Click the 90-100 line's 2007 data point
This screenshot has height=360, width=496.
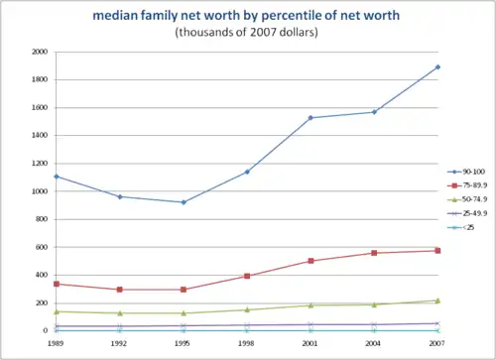pos(437,67)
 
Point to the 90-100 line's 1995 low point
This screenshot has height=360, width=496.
pos(184,202)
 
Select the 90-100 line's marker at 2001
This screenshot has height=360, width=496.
pos(310,118)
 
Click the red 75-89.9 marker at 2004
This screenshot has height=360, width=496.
pos(374,253)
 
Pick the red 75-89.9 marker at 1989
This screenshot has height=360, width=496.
pos(57,284)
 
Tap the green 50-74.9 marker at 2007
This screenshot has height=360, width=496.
pos(437,300)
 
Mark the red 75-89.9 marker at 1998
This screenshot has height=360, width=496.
pos(247,276)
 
